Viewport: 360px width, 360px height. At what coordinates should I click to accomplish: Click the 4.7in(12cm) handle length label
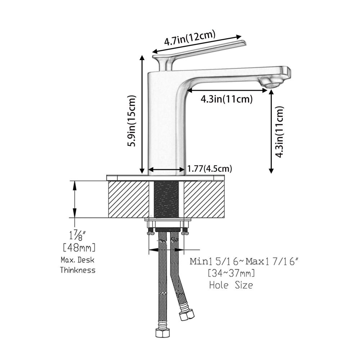pyautogui.click(x=190, y=37)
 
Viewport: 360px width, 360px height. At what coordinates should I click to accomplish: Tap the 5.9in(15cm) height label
pyautogui.click(x=132, y=121)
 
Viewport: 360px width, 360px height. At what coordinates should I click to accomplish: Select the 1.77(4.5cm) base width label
pyautogui.click(x=210, y=169)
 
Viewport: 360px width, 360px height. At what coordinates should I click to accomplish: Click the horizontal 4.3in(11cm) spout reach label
pyautogui.click(x=226, y=99)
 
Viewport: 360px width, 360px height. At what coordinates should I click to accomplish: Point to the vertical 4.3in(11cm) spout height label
pyautogui.click(x=279, y=132)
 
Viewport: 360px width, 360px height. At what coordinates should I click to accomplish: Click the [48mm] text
pyautogui.click(x=79, y=248)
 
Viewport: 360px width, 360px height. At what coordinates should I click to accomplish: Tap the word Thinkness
pyautogui.click(x=78, y=270)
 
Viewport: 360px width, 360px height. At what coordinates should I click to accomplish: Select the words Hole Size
pyautogui.click(x=231, y=285)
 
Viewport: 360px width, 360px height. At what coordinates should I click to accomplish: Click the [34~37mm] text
pyautogui.click(x=231, y=273)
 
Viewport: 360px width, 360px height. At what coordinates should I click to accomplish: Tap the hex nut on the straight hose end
pyautogui.click(x=162, y=332)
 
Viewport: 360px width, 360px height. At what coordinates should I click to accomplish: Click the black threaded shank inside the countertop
pyautogui.click(x=166, y=199)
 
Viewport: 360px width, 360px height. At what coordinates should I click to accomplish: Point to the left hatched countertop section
pyautogui.click(x=129, y=199)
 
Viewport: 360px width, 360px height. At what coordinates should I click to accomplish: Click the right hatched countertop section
pyautogui.click(x=204, y=199)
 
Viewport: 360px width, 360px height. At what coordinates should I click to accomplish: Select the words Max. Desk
pyautogui.click(x=78, y=260)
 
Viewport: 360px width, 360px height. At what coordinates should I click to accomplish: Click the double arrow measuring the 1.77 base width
pyautogui.click(x=166, y=170)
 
